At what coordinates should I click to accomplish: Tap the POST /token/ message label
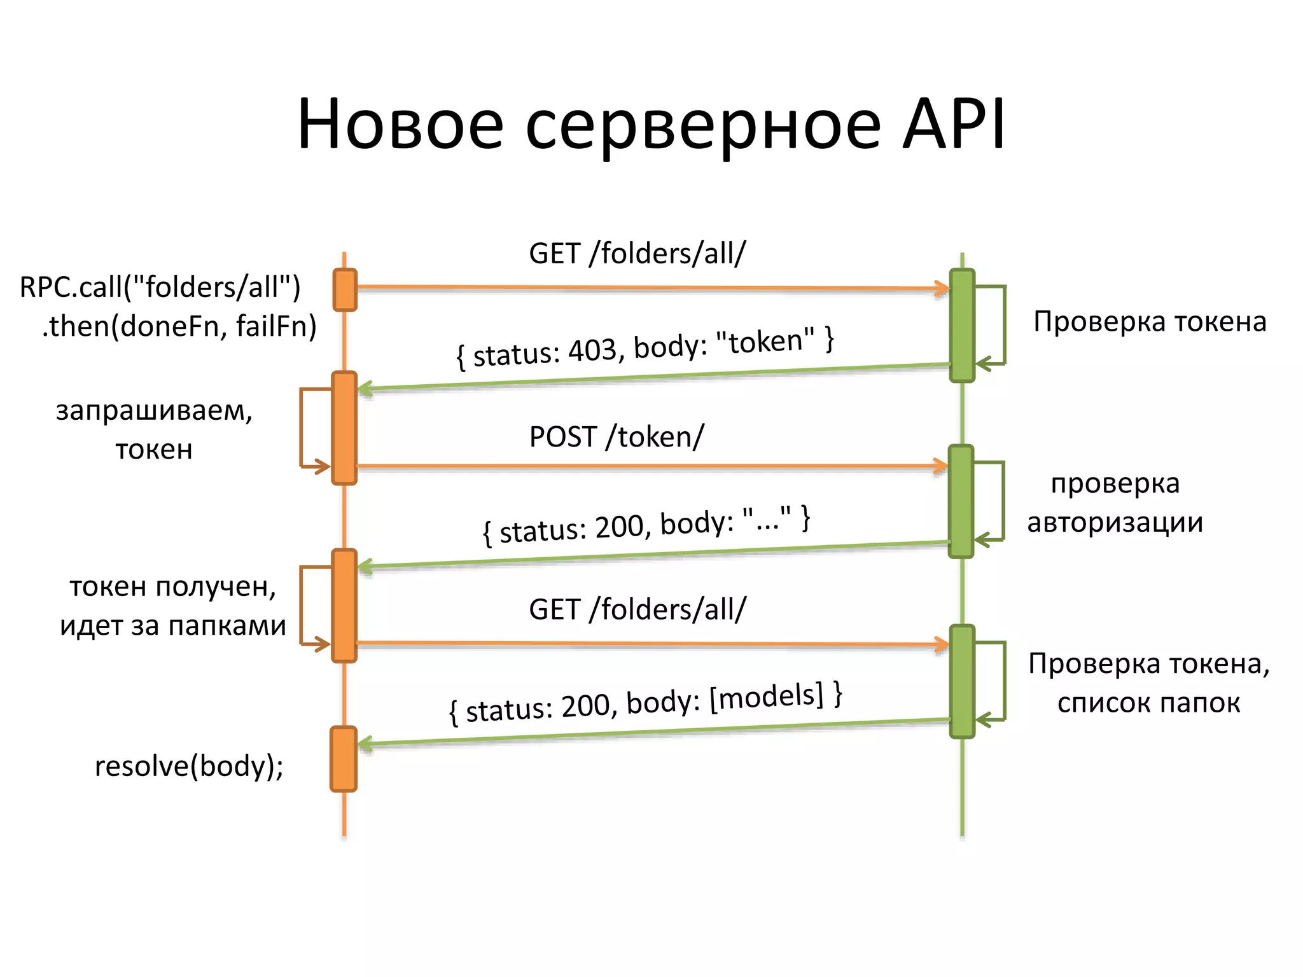(x=617, y=437)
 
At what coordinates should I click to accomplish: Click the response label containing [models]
(x=645, y=703)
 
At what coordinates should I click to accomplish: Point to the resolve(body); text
(x=189, y=766)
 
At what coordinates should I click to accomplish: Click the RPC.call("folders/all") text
(x=160, y=287)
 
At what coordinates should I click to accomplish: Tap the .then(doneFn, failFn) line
(x=179, y=326)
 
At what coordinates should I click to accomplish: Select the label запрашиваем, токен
(x=154, y=430)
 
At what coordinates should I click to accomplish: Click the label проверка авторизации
(x=1115, y=503)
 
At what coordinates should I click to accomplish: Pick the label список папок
(x=1148, y=703)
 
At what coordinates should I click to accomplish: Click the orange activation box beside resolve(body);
(x=344, y=759)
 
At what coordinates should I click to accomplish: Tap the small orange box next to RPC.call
(x=345, y=290)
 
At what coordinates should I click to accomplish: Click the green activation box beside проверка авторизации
(x=961, y=501)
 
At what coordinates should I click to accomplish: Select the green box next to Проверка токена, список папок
(x=962, y=681)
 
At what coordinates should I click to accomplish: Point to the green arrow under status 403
(x=655, y=377)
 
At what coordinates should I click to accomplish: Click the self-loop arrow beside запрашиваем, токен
(x=302, y=427)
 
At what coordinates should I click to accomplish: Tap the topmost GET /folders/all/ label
(x=637, y=254)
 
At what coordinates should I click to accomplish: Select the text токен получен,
(x=172, y=586)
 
